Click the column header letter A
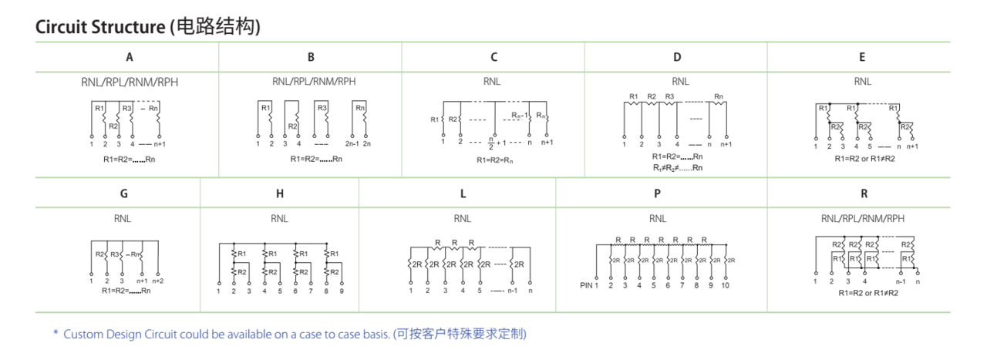tap(130, 57)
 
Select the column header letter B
tap(311, 57)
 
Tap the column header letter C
tap(493, 57)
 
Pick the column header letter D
tap(677, 57)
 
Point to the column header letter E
tap(861, 57)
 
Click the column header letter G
tap(123, 194)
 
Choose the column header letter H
tap(279, 194)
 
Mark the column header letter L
tap(463, 194)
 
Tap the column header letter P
tap(657, 194)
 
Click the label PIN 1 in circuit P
tap(589, 285)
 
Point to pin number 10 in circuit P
tap(725, 285)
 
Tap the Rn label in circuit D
tap(719, 97)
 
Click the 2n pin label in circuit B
tap(367, 144)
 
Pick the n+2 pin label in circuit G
tap(157, 281)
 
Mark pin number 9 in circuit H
tap(341, 291)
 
